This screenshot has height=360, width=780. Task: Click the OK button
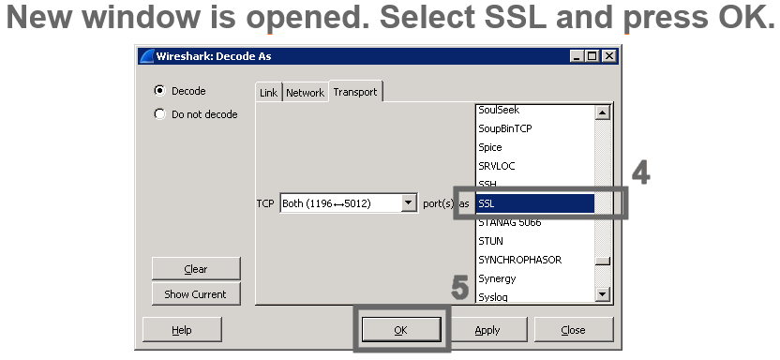coord(401,330)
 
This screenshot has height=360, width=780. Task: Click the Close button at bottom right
coord(573,330)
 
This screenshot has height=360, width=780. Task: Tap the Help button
coord(182,330)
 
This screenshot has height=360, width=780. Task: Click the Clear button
coord(196,269)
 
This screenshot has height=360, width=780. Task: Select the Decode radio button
coord(159,91)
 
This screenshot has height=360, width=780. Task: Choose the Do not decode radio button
coord(159,114)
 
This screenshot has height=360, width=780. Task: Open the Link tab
coord(268,93)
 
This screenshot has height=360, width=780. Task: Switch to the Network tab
coord(305,93)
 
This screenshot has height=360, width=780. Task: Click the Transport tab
coord(355,92)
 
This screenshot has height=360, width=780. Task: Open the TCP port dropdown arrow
coord(408,202)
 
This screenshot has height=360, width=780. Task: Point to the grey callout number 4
coord(639,172)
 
